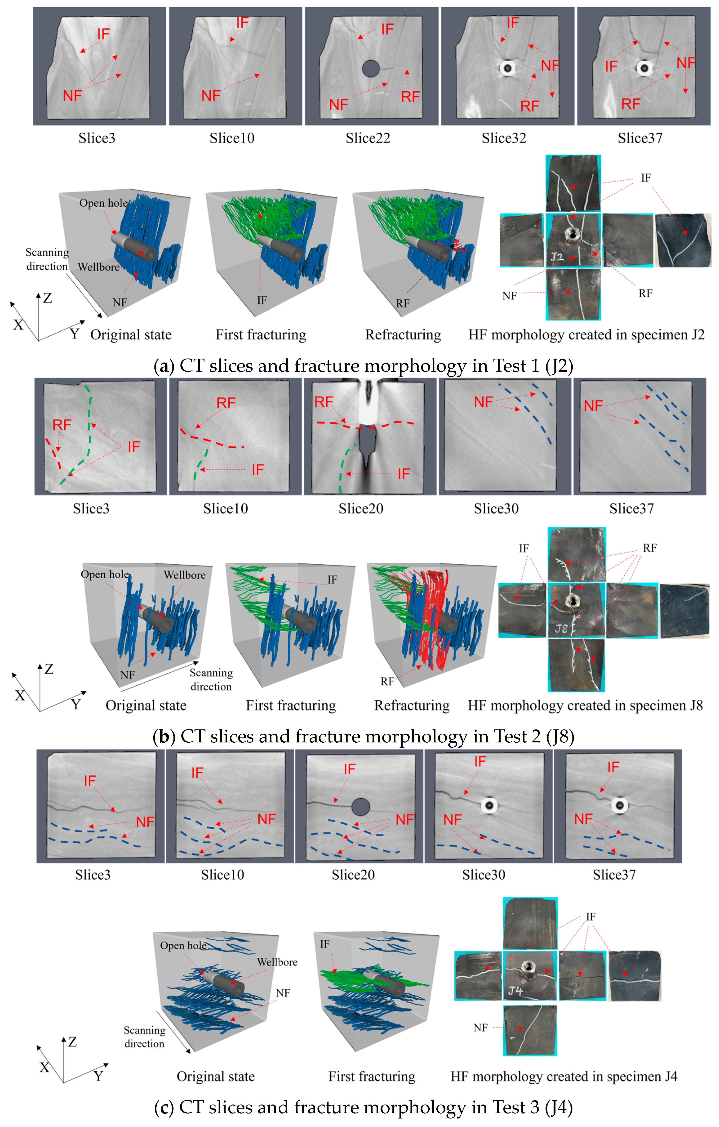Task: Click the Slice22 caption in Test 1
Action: (x=368, y=138)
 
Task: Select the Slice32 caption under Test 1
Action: (x=504, y=138)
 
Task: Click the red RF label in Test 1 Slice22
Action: (x=410, y=97)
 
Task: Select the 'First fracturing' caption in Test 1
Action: (x=261, y=335)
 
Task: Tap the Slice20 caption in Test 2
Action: (x=361, y=509)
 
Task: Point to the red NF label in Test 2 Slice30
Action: (x=483, y=402)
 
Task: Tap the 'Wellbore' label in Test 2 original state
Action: (x=184, y=575)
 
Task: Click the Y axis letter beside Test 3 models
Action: (x=98, y=1076)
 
